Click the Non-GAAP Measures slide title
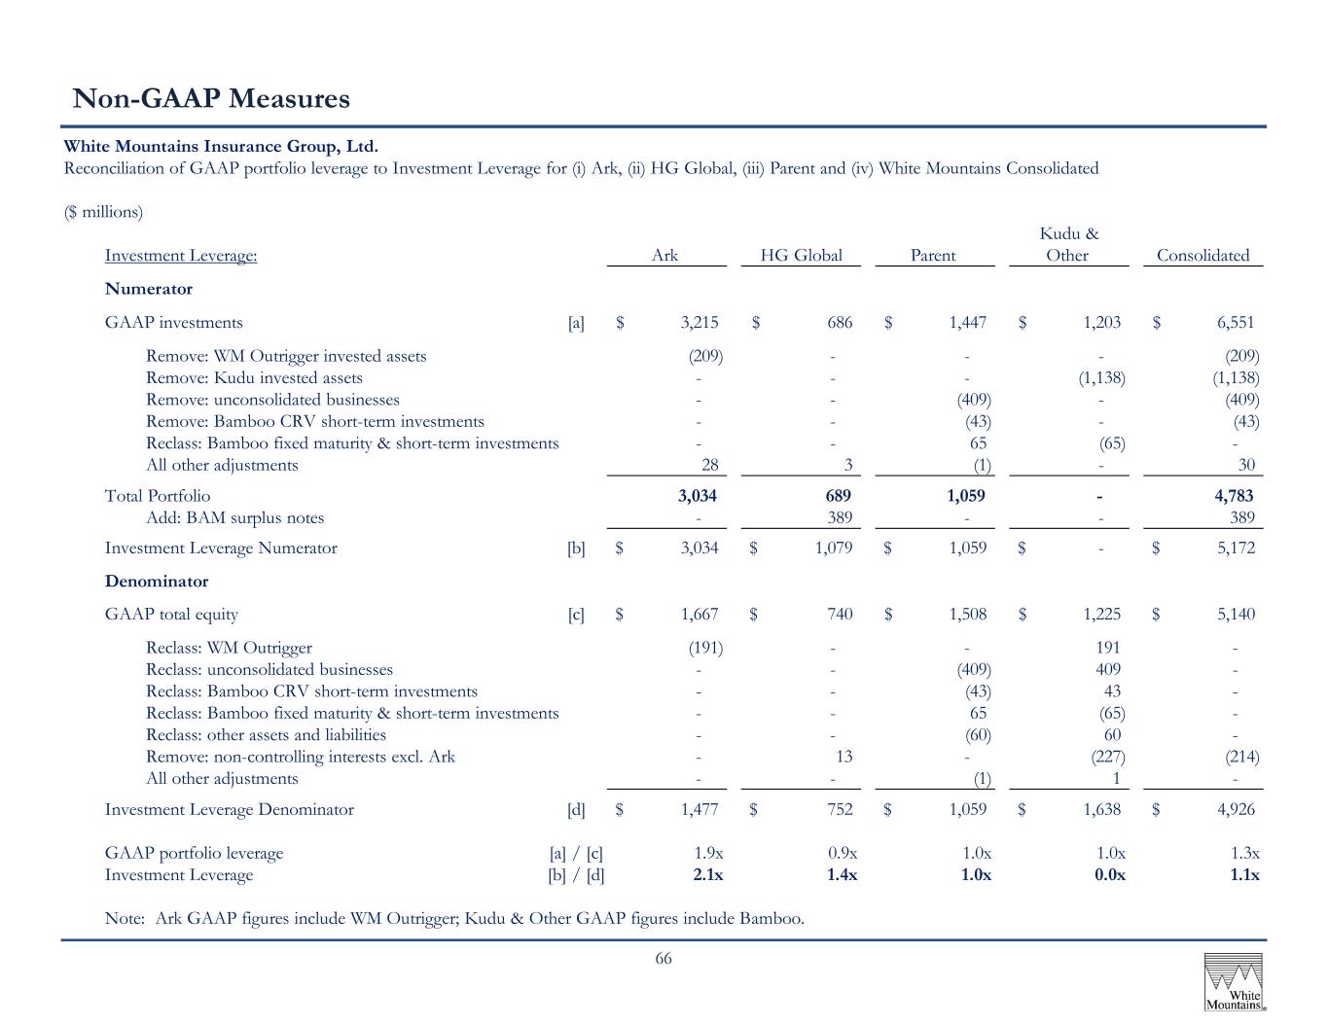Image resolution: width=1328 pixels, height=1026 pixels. click(x=211, y=98)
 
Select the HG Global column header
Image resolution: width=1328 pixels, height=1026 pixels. click(x=801, y=255)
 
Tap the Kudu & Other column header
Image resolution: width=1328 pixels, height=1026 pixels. click(x=1068, y=244)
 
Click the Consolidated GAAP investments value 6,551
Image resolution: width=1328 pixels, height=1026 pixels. click(x=1236, y=323)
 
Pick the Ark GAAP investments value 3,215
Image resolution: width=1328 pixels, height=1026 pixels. click(x=700, y=323)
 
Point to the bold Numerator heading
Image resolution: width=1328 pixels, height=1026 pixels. click(x=149, y=289)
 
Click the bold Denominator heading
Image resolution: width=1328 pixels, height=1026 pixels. click(x=157, y=581)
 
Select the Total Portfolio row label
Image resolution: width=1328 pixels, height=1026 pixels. click(x=157, y=496)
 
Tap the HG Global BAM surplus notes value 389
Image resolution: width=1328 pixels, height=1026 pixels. click(x=840, y=517)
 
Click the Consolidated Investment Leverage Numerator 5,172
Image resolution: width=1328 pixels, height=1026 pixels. click(x=1236, y=548)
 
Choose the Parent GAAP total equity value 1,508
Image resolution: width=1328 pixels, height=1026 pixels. click(x=967, y=614)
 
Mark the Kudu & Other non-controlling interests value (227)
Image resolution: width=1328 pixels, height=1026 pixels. click(x=1108, y=757)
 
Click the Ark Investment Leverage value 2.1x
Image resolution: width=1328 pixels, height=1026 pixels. click(x=707, y=874)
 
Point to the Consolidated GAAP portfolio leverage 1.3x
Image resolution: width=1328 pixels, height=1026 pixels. click(x=1244, y=853)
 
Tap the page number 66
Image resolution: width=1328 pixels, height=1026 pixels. click(x=664, y=958)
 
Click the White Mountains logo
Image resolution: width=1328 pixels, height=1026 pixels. click(x=1234, y=982)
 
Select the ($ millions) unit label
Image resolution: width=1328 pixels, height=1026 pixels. click(x=103, y=212)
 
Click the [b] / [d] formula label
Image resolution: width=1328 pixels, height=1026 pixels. click(x=576, y=875)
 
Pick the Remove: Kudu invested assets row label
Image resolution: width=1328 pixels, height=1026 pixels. click(x=254, y=378)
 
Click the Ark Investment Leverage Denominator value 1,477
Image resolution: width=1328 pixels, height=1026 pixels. click(x=700, y=809)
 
